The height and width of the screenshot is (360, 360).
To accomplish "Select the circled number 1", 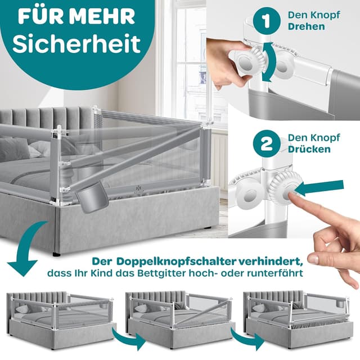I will click(265, 22).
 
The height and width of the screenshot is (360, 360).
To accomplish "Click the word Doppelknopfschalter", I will click(169, 263).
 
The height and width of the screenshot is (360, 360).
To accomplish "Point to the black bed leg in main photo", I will click(56, 254).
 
